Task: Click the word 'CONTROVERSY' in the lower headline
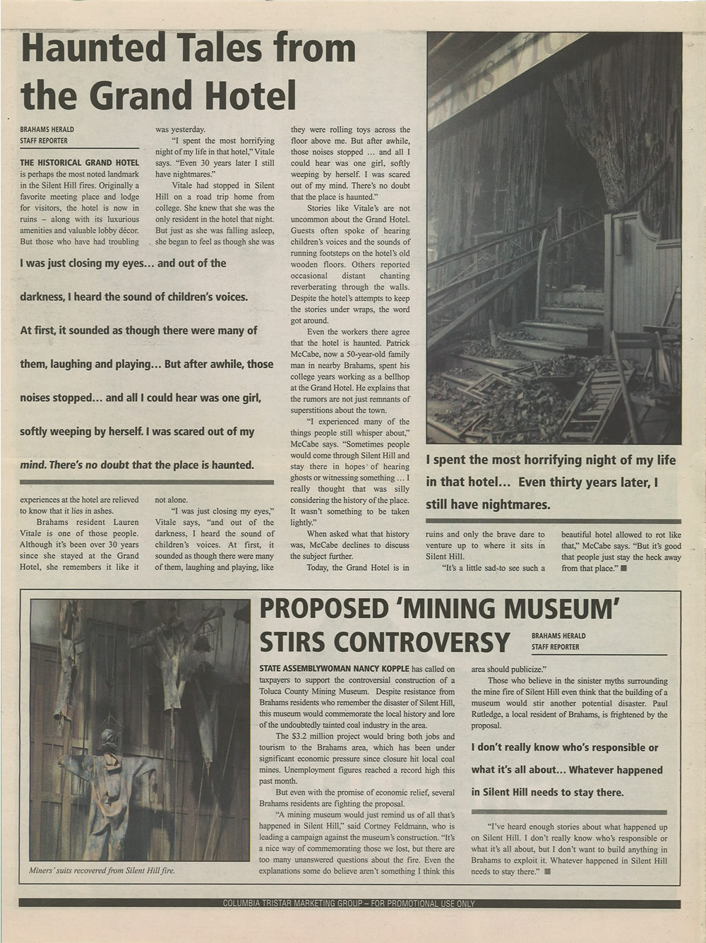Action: pos(384,642)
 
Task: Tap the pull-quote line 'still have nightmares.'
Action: pos(487,505)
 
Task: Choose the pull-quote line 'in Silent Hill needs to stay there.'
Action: pos(548,793)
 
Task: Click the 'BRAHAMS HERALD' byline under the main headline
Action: pos(47,129)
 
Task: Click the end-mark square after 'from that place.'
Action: pos(623,567)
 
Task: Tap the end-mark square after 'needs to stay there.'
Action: pos(547,872)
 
